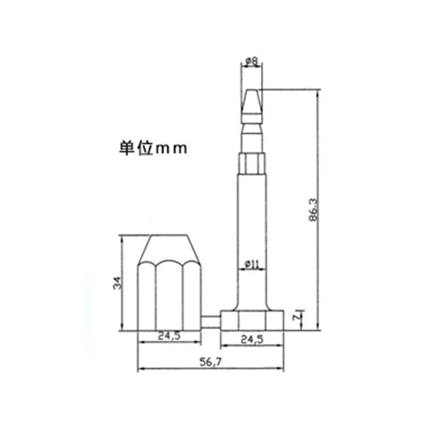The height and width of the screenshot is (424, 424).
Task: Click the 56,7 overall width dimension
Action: [x=209, y=363]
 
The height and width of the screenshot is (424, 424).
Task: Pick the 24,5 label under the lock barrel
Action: [x=170, y=335]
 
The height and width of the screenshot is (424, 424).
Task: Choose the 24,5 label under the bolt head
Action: [x=252, y=339]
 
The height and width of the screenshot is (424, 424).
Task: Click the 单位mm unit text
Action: [x=152, y=148]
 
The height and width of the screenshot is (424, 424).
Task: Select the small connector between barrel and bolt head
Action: [x=211, y=321]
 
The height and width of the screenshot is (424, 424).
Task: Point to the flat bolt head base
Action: [x=252, y=320]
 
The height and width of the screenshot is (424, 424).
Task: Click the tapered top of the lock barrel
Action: [x=170, y=249]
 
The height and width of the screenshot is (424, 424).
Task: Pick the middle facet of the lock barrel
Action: [x=170, y=297]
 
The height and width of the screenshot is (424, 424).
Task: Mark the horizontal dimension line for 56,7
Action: [x=209, y=370]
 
